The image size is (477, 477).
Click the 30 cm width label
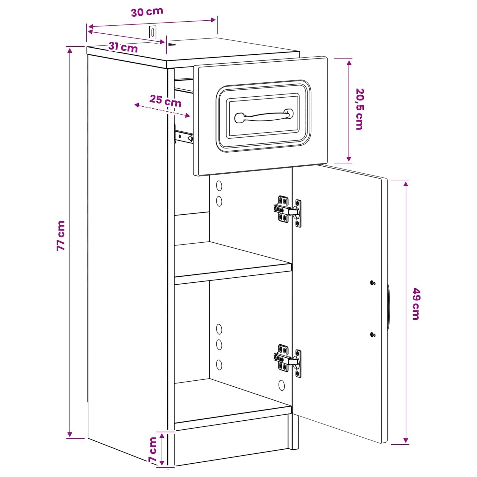147,12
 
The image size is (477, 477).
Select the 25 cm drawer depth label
165,101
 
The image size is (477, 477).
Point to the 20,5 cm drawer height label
360,109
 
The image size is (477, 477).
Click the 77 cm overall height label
61,235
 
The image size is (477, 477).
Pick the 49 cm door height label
416,304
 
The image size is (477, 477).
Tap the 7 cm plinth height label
153,449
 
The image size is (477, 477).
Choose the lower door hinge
287,360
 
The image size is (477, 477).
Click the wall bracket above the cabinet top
153,32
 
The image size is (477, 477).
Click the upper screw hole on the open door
373,282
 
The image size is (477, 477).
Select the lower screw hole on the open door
373,335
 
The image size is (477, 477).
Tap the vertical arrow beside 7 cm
162,449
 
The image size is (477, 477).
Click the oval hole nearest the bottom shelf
281,385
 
